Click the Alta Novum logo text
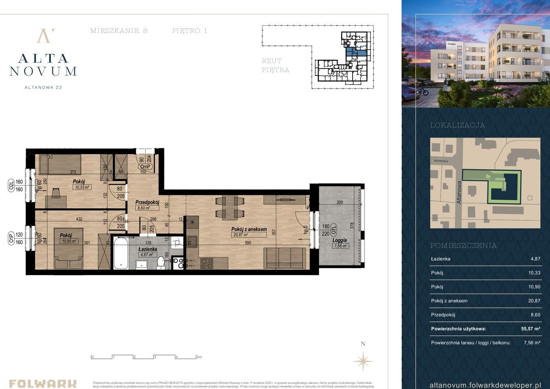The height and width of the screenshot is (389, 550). [x=43, y=64]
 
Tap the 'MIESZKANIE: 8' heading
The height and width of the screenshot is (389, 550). [x=119, y=31]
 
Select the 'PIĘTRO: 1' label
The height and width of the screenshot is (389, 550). [x=190, y=31]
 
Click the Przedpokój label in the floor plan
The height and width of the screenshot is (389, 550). [x=147, y=202]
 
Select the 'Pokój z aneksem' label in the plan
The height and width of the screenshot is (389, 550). [x=249, y=229]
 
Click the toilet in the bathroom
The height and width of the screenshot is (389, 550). [x=161, y=262]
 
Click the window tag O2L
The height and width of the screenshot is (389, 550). [x=11, y=185]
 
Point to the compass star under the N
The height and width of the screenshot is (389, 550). [x=363, y=361]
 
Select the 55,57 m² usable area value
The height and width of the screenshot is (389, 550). [x=531, y=329]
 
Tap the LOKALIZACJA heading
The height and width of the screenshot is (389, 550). [x=457, y=125]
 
